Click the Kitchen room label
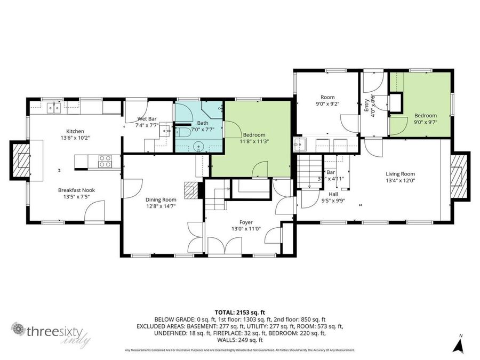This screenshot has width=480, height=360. tap(75, 131)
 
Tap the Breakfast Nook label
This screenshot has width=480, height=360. tap(75, 190)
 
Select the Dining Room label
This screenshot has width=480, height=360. tap(161, 200)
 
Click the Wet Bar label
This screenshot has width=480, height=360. tap(147, 118)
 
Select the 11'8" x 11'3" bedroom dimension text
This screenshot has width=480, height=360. tap(254, 141)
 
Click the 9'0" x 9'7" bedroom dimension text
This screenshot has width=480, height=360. tap(426, 122)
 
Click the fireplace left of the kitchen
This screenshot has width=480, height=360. tap(21, 160)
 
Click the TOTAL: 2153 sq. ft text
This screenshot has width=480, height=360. tap(240, 312)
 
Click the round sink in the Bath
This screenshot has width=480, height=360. tap(199, 146)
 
